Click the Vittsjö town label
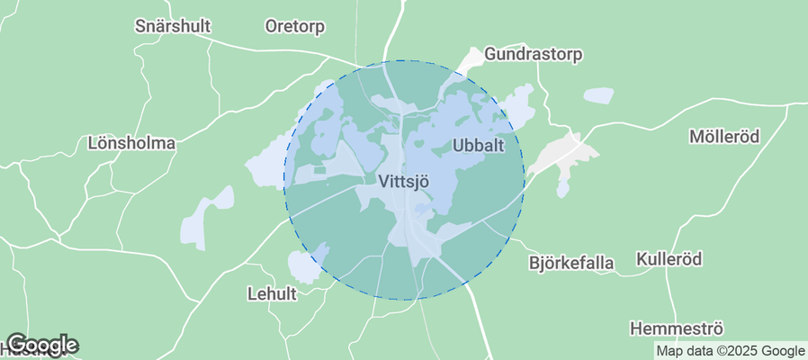coord(403,181)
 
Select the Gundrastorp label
coord(533,54)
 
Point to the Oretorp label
coord(295,25)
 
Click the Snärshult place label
coord(172,25)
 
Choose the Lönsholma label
coord(131,143)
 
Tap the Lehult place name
coord(271,293)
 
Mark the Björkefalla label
coord(570,264)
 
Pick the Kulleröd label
coord(668,258)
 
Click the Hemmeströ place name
coord(677,328)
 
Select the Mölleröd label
coord(724,137)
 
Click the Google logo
coord(41,345)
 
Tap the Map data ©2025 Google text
coord(730,351)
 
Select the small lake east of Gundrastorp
coord(598,94)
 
